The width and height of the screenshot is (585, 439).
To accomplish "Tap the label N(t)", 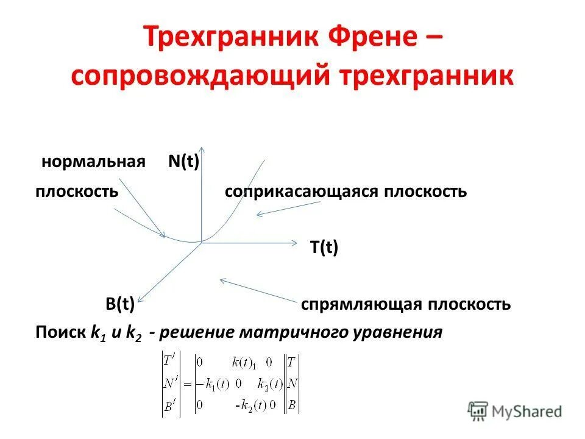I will (184, 162).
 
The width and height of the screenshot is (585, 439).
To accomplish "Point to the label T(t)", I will (324, 248).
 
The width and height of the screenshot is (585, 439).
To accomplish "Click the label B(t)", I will (119, 304).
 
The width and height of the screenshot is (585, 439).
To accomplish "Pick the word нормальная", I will (93, 162).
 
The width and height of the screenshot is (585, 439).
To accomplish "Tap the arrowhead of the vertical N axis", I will (202, 149).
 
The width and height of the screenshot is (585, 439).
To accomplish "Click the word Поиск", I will (61, 333).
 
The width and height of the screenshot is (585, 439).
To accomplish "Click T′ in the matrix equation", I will (169, 361).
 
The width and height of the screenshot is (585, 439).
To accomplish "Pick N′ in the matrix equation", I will (170, 384).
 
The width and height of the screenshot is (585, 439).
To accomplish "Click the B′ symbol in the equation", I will (169, 405).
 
